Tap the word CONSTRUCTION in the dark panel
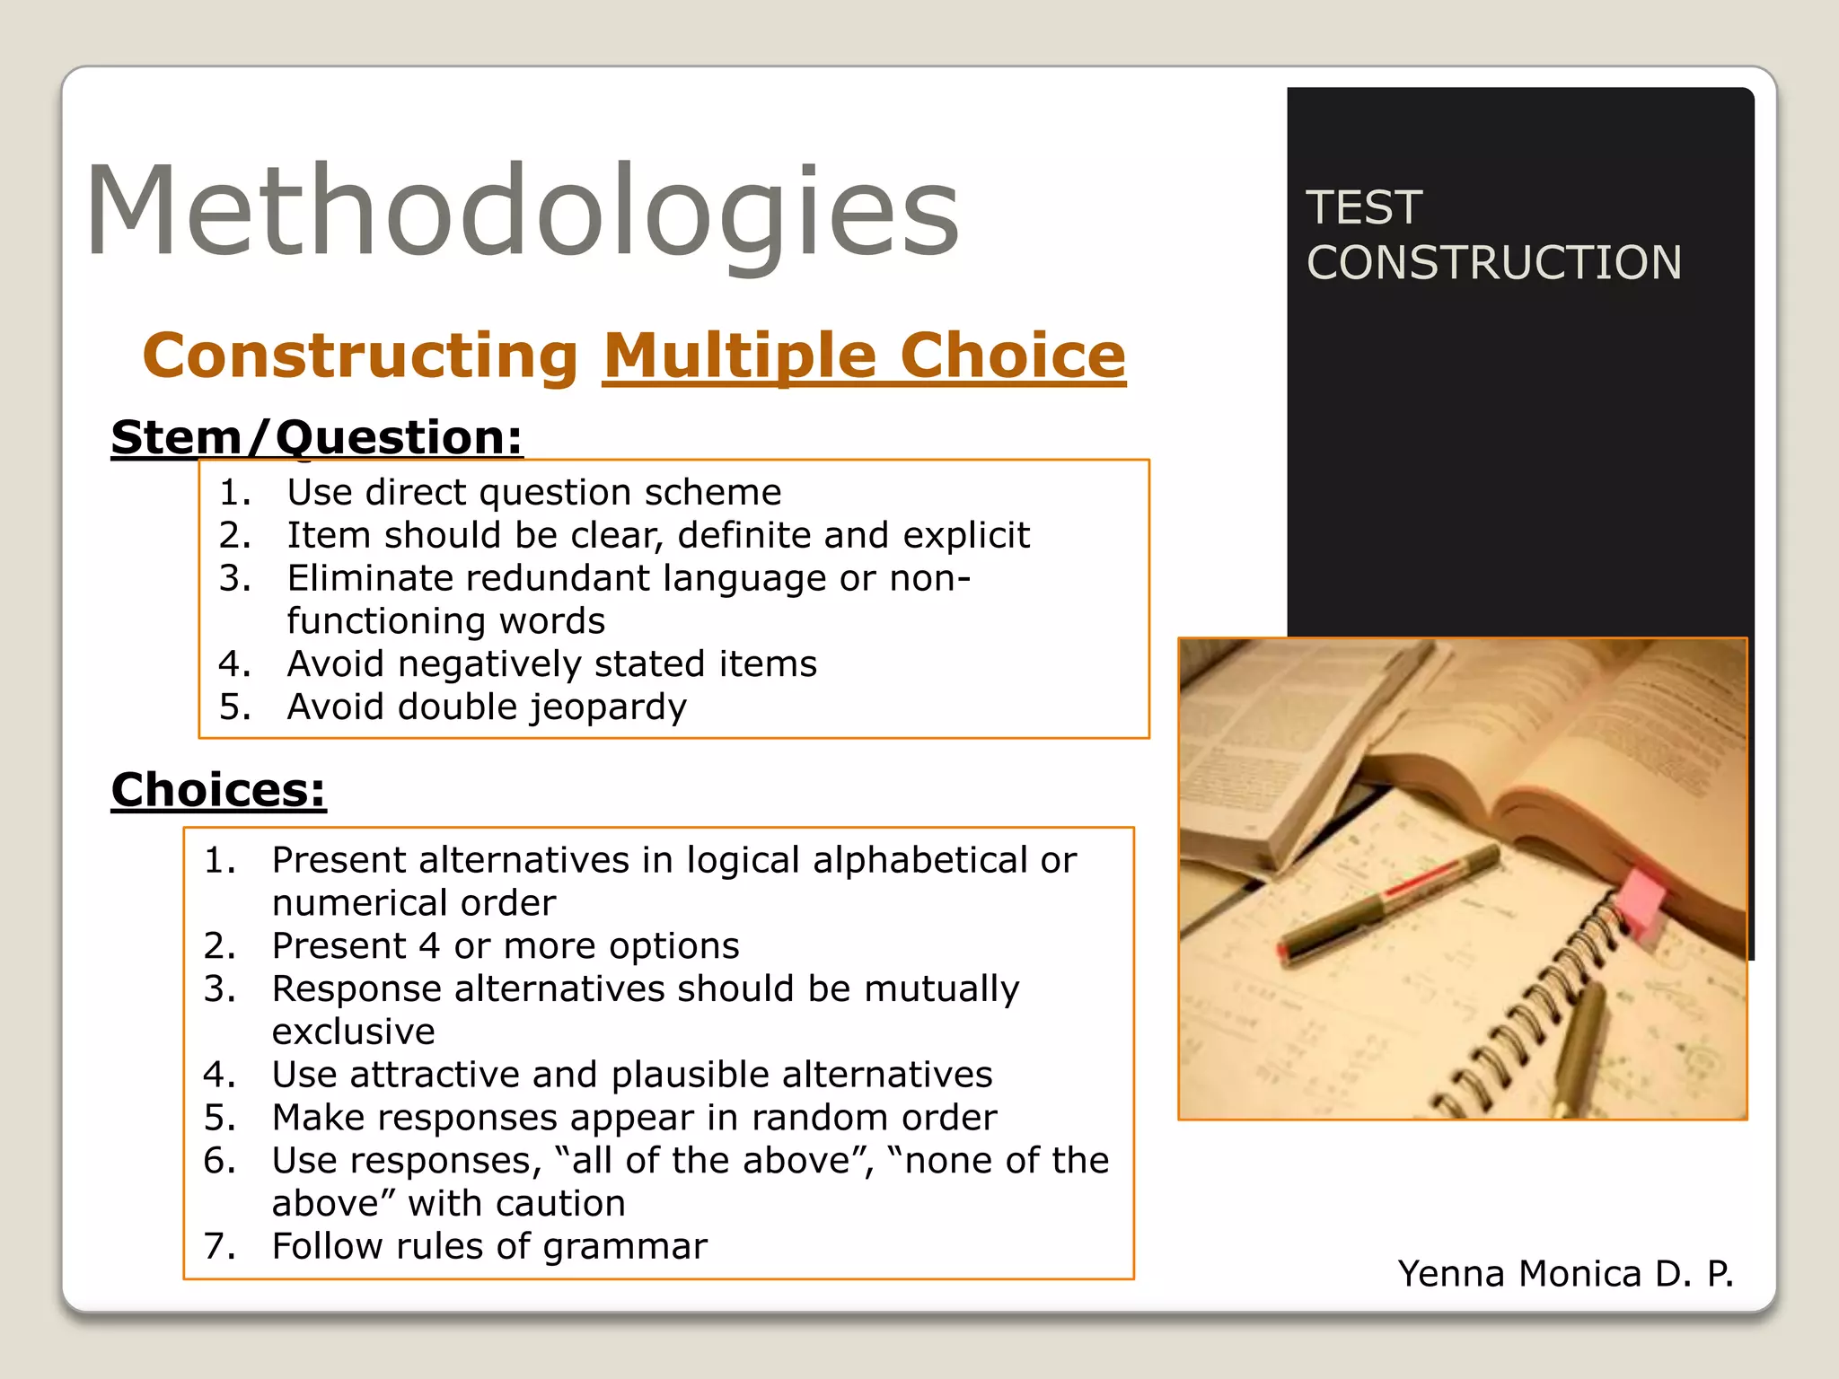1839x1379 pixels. coord(1493,263)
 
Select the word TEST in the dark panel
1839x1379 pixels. coord(1363,208)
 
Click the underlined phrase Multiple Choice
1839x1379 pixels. coord(864,356)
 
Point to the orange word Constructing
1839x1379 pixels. coord(360,356)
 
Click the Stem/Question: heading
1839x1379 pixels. coord(316,438)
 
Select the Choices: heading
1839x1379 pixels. coord(218,791)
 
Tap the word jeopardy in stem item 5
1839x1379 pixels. coord(608,707)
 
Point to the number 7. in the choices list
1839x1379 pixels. coord(219,1246)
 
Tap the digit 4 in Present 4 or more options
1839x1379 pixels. coord(429,946)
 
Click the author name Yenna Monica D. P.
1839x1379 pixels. coord(1565,1274)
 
